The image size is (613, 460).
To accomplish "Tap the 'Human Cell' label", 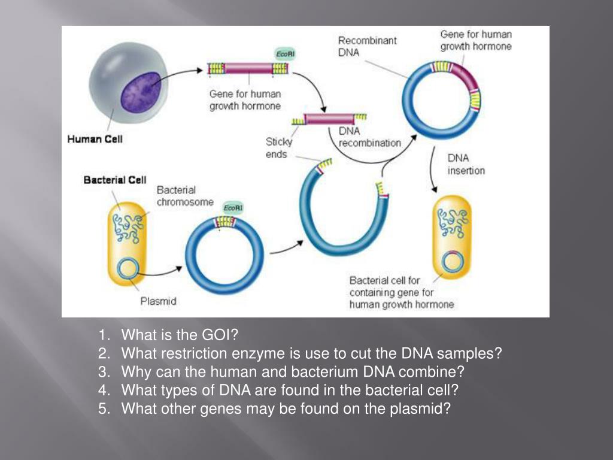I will click(95, 139).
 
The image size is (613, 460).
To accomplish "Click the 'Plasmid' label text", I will click(158, 301).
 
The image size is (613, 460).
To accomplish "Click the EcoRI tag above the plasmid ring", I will click(233, 207).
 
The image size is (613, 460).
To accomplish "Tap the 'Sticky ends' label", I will click(279, 148).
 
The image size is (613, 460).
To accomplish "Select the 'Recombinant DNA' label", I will click(367, 46).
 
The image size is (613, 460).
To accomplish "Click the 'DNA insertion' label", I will click(466, 164).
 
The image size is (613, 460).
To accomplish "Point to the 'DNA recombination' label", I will click(369, 137).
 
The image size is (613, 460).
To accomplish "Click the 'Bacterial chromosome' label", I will click(184, 196).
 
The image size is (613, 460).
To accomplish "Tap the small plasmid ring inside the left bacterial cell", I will click(126, 268).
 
